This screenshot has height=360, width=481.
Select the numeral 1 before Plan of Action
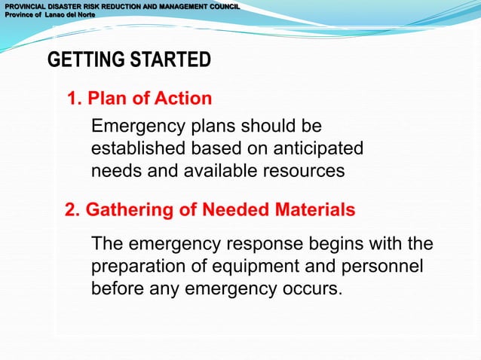(73, 99)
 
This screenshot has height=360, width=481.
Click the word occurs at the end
(312, 289)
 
